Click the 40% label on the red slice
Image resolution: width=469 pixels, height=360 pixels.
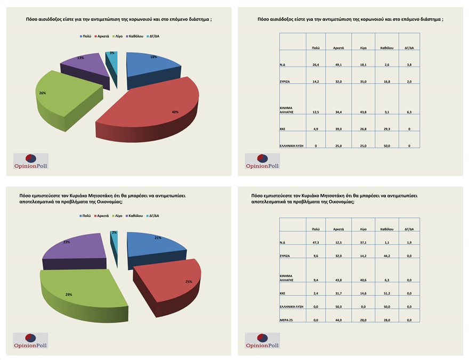(x=175, y=112)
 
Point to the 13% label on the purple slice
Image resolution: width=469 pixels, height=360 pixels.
(x=80, y=57)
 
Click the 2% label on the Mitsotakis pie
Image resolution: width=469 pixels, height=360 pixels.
(x=115, y=233)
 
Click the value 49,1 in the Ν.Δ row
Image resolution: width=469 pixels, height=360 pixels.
(x=338, y=64)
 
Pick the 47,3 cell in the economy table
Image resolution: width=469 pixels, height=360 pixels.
(x=316, y=242)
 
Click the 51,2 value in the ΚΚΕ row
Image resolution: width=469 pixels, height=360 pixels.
(x=386, y=293)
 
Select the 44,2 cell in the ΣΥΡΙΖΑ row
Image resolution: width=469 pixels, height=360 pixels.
(x=386, y=256)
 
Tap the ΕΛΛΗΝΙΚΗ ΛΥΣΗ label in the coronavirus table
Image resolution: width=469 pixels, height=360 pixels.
(x=292, y=145)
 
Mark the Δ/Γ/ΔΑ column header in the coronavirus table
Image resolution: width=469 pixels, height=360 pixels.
(x=409, y=47)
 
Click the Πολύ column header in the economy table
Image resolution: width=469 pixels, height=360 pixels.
(x=316, y=229)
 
